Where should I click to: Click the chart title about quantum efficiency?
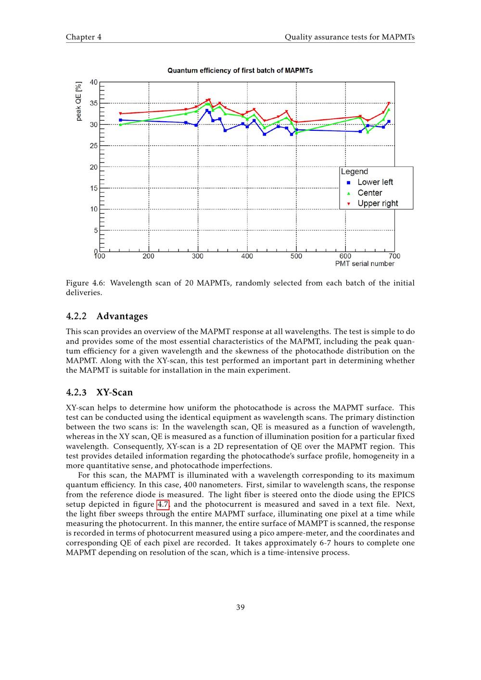(x=240, y=71)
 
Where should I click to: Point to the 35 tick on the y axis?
(x=93, y=103)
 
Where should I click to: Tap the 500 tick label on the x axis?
(x=296, y=256)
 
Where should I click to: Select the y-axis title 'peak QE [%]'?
(x=79, y=101)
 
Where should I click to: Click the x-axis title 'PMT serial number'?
(x=365, y=264)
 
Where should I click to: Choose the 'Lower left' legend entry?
(x=375, y=182)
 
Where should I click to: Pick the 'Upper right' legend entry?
(x=378, y=203)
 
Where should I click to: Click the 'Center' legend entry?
(x=370, y=193)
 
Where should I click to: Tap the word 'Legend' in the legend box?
(x=354, y=172)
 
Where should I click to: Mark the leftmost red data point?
(x=120, y=114)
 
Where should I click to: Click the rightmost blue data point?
(x=389, y=121)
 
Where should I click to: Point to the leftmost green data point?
(x=120, y=125)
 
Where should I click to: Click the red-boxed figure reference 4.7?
(x=163, y=504)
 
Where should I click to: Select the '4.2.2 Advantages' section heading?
(x=107, y=316)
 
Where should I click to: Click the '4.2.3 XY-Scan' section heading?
(x=99, y=392)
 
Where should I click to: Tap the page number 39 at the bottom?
(x=240, y=607)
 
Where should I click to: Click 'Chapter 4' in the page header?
(x=84, y=37)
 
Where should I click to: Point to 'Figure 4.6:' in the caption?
(x=85, y=283)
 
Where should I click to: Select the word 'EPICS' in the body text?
(x=403, y=495)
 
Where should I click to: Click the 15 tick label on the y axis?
(x=93, y=188)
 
